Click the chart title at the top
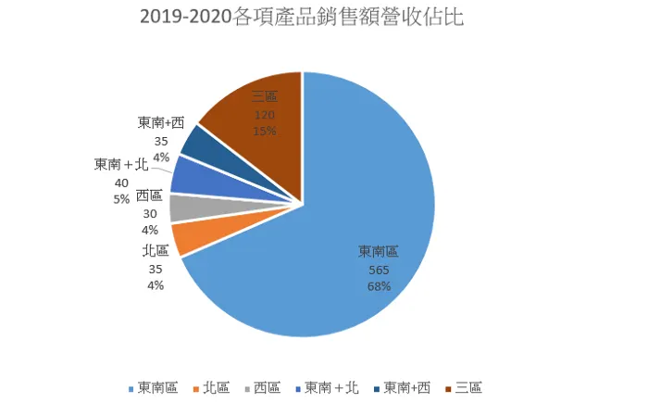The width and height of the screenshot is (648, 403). [x=300, y=19]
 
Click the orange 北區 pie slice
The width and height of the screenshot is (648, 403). [x=191, y=239]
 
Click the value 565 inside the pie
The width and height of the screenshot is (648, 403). [x=379, y=270]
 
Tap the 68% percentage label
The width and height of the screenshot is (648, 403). [x=379, y=286]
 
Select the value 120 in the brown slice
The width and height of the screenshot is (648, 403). [x=264, y=115]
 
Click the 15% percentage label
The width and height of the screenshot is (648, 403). [x=264, y=131]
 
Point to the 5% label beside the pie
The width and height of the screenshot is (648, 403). [x=120, y=198]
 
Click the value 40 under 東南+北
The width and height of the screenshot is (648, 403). [x=121, y=183]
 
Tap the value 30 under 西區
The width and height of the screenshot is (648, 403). [x=149, y=212]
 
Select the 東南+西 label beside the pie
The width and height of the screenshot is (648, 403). [x=161, y=123]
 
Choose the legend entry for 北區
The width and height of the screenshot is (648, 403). [x=216, y=387]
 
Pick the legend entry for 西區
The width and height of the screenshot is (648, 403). [x=266, y=387]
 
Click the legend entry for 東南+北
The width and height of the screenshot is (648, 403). [x=330, y=387]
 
